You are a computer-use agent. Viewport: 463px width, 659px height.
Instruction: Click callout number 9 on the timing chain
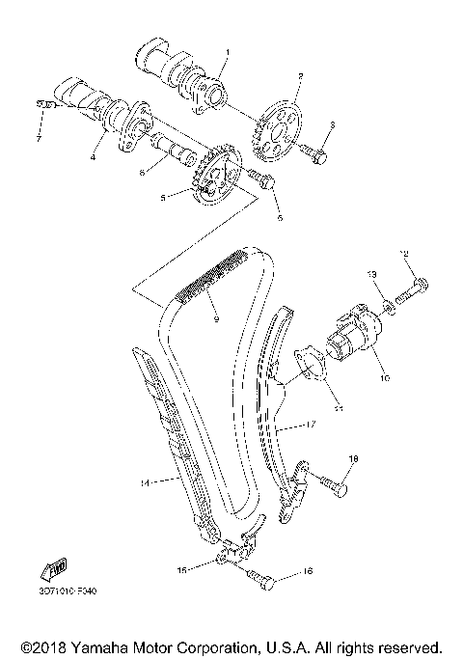(216, 318)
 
